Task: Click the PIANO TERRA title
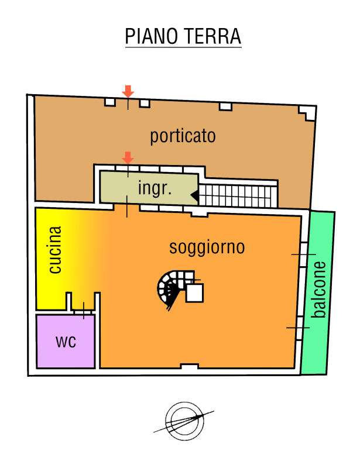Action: (183, 36)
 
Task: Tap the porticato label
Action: (183, 136)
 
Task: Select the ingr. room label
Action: (155, 188)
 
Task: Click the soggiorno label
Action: (207, 247)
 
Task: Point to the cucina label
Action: (55, 250)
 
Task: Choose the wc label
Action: (66, 342)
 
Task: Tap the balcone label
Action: (318, 290)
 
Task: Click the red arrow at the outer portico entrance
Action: (128, 91)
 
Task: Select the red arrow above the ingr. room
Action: (128, 157)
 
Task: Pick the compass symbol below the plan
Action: (184, 421)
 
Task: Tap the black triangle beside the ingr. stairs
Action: (195, 195)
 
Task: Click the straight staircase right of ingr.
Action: (238, 196)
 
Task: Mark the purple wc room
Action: (66, 342)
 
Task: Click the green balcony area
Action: (318, 292)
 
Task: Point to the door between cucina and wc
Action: (83, 311)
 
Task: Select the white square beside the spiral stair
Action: (194, 293)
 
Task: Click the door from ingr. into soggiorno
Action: (126, 207)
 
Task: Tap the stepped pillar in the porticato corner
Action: (307, 113)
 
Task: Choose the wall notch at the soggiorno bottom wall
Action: (190, 366)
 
